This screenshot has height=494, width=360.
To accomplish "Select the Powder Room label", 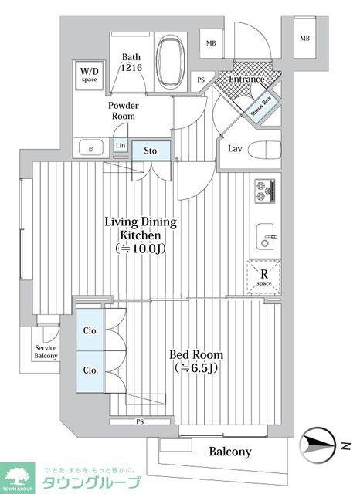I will [122, 110].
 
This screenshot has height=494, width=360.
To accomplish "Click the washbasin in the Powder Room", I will [90, 146].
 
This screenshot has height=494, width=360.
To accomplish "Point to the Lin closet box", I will [120, 146].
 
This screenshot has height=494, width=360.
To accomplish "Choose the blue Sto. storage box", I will [151, 151].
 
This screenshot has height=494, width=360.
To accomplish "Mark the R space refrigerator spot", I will [263, 276].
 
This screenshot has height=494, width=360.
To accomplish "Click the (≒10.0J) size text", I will [141, 249].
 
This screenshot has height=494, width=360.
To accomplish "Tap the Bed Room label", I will [195, 354].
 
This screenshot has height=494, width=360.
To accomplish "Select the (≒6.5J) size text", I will [195, 368].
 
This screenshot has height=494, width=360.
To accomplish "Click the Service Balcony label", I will [46, 351].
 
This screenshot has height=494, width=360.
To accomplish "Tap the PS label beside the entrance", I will [202, 80].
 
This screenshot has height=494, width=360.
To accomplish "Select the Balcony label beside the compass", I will [229, 452].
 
